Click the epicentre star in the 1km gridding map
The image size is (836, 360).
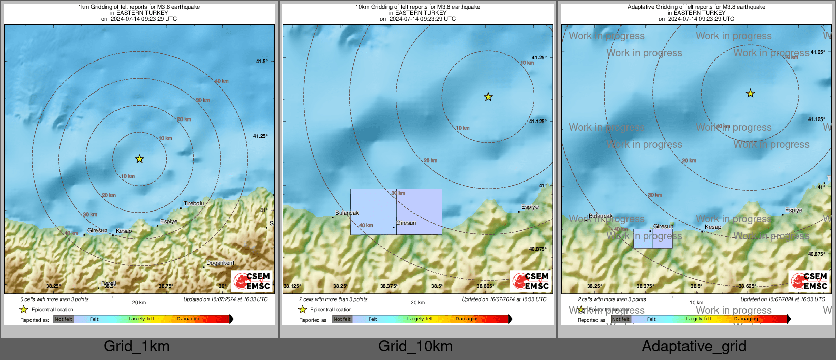[139, 159]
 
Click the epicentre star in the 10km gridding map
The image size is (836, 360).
[488, 97]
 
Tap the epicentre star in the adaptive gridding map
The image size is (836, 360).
[750, 94]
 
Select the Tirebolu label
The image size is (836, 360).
[194, 203]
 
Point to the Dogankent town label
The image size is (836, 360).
[220, 263]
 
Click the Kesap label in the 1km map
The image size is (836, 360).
[124, 231]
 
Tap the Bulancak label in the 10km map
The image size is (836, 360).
[347, 213]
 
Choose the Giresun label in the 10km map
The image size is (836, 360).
[406, 223]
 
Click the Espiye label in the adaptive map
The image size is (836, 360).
[793, 210]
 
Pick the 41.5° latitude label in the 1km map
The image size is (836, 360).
[262, 62]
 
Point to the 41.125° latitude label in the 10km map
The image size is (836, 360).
[538, 122]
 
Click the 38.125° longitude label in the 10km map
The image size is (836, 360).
[292, 286]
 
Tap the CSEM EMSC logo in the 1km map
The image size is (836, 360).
[252, 281]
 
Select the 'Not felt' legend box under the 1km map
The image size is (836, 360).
[64, 319]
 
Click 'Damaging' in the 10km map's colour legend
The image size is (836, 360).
[467, 319]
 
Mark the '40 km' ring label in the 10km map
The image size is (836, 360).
[366, 225]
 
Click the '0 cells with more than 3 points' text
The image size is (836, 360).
[54, 299]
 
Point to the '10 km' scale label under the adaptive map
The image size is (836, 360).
[696, 303]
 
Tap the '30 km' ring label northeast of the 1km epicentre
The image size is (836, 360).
[202, 100]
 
